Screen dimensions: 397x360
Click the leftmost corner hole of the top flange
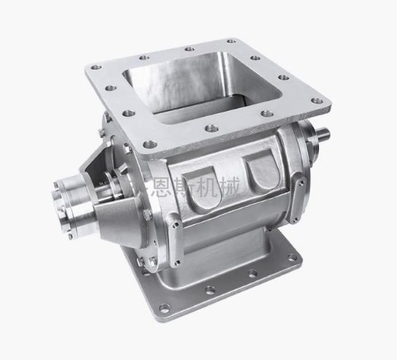(96, 67)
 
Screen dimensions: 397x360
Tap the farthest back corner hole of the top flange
(231, 41)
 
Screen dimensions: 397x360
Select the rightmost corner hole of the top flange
(317, 101)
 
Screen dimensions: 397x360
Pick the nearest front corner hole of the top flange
(150, 145)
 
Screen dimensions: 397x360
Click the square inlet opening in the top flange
(203, 86)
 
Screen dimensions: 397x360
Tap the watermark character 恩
(157, 187)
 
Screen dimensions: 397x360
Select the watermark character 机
(205, 187)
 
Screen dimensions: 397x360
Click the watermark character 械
(229, 187)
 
